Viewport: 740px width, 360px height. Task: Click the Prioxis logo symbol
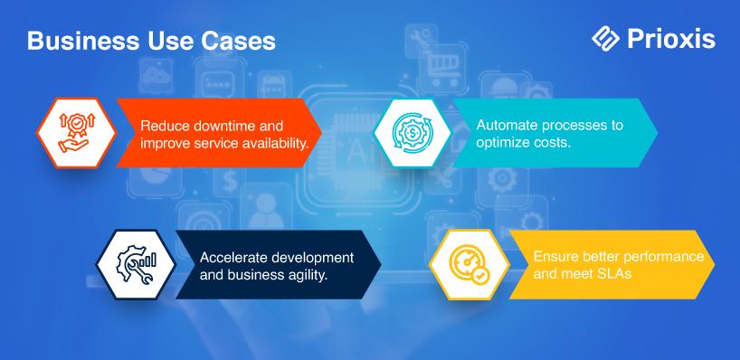pos(605,38)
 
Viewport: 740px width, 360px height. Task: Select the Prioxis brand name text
pos(671,39)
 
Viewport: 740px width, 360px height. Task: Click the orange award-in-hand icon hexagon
pos(77,133)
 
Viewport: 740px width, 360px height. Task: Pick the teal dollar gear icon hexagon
pos(413,133)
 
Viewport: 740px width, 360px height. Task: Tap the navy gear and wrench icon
pos(136,264)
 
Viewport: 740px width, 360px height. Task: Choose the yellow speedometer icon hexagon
pos(470,264)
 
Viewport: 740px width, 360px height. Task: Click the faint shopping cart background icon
pos(443,70)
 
